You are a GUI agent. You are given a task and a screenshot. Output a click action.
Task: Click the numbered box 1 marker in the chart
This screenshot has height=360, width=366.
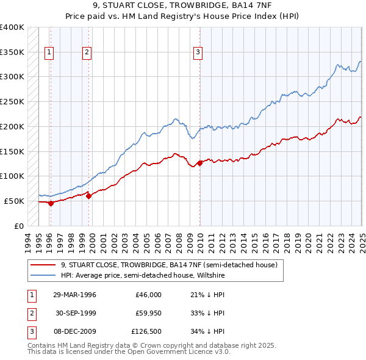49,52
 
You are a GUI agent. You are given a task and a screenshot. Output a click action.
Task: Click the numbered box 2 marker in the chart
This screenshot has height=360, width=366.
87,52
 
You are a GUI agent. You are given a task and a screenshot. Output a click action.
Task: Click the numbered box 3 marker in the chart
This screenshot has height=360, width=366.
198,52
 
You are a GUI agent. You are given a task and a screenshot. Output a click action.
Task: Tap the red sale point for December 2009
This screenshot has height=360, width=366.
200,163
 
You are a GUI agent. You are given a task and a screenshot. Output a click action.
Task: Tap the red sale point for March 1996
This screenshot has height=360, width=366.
51,203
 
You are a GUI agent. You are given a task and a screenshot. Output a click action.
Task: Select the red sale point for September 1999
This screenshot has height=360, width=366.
88,196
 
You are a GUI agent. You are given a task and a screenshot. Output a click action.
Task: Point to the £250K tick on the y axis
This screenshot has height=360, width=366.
12,101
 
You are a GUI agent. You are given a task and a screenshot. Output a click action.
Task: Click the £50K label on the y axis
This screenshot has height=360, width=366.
14,201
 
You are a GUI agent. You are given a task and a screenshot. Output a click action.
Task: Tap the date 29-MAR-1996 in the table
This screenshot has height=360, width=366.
74,294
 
